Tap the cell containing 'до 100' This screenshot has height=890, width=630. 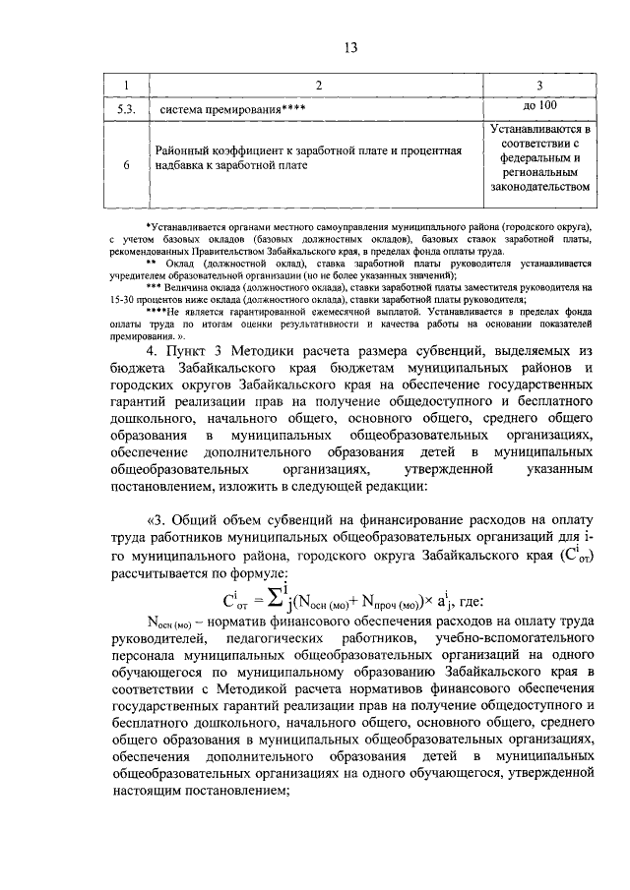(x=540, y=105)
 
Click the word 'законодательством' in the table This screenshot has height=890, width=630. (x=540, y=185)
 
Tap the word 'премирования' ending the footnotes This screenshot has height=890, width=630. (x=144, y=335)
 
